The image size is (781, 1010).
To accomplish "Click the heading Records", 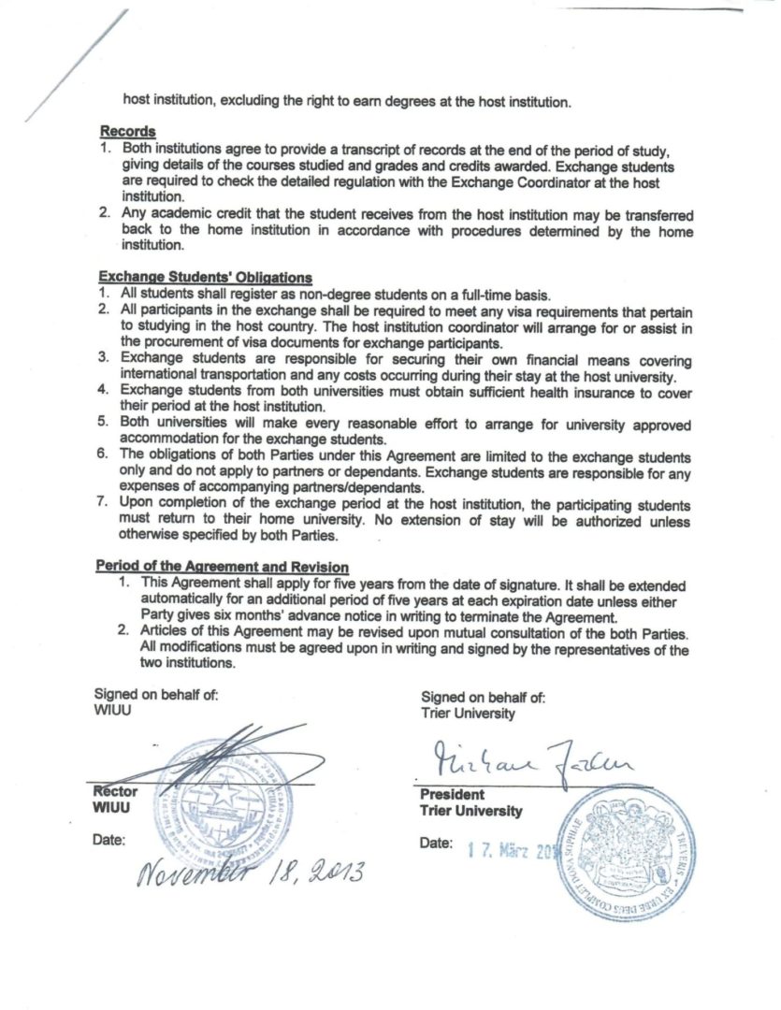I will [x=127, y=132].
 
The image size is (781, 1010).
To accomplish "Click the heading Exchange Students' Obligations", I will [x=205, y=277].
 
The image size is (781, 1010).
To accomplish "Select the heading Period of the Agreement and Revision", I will [x=223, y=567].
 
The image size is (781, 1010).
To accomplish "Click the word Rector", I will [x=114, y=791].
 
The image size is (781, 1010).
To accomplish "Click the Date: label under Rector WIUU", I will [x=109, y=839].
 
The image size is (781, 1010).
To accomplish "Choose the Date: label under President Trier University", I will [x=437, y=843].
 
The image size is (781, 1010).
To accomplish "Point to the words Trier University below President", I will [x=471, y=811].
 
